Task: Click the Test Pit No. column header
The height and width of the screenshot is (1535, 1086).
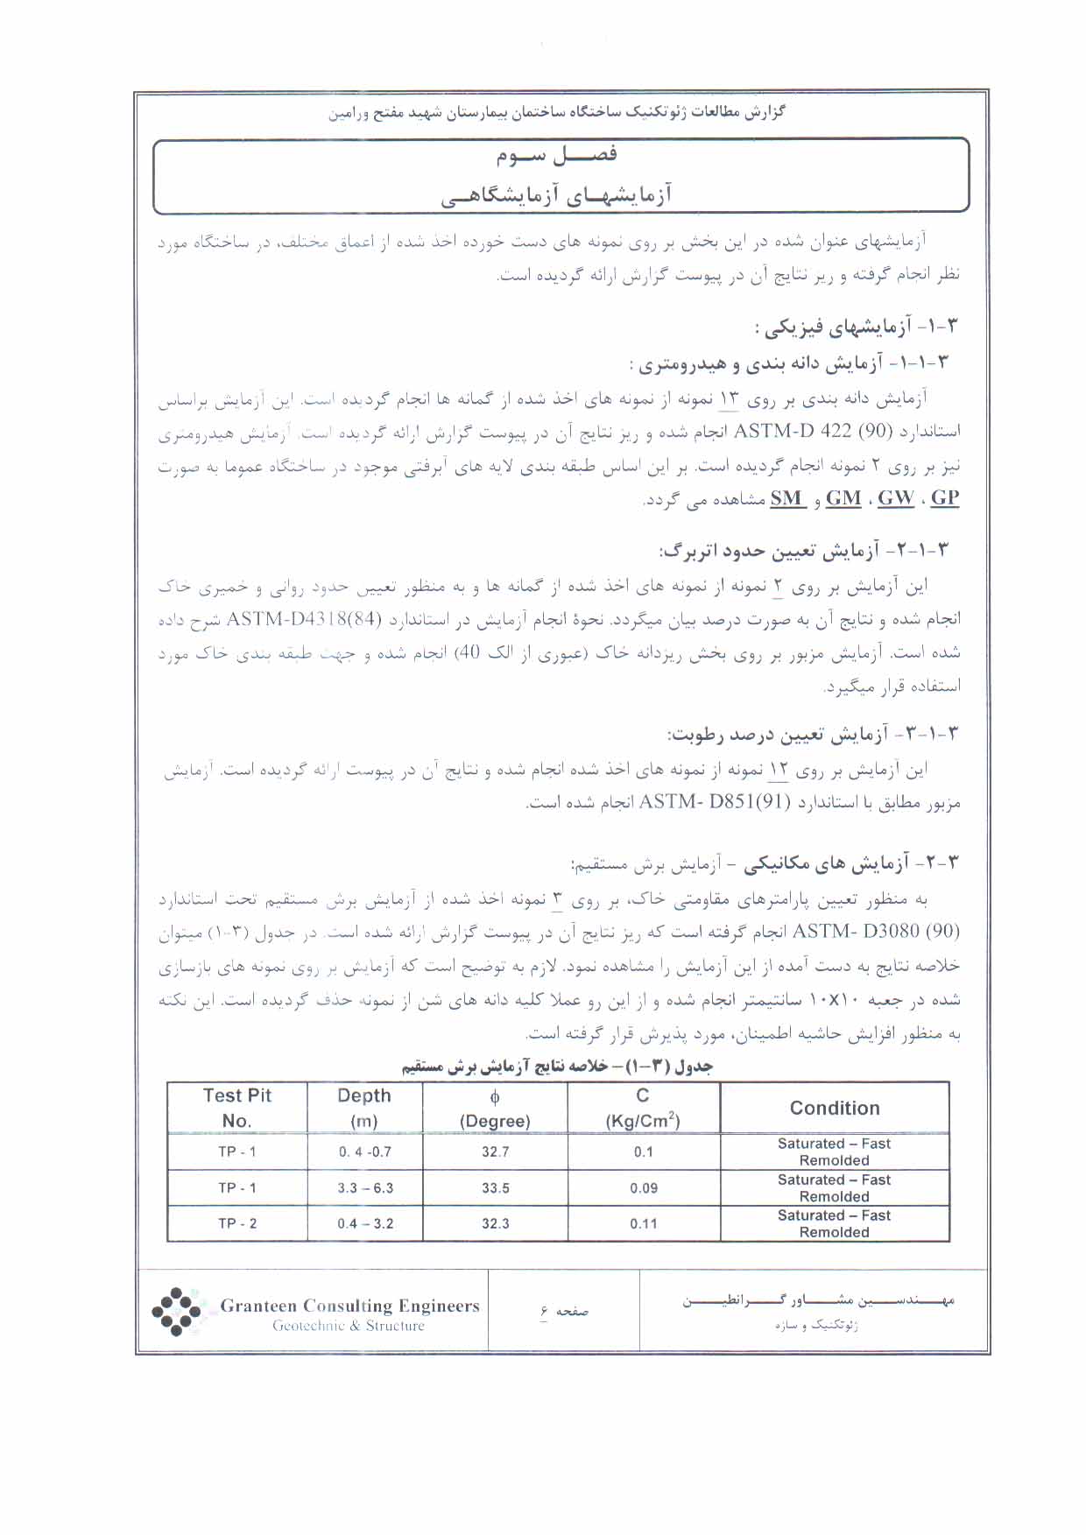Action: [x=236, y=1108]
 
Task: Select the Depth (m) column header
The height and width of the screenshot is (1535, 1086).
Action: [x=364, y=1108]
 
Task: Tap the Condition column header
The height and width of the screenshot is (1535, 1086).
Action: [x=835, y=1108]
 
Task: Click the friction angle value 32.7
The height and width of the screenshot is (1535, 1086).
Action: [x=495, y=1151]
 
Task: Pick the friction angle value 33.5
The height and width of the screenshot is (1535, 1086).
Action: [x=495, y=1188]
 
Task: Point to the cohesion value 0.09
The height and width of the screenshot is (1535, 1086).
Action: [x=644, y=1188]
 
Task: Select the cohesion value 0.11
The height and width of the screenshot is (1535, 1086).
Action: [x=644, y=1224]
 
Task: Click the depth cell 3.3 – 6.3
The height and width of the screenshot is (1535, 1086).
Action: [x=365, y=1188]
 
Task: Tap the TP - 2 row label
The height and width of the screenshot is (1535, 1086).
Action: [x=237, y=1224]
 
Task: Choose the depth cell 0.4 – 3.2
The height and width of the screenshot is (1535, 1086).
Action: [x=365, y=1224]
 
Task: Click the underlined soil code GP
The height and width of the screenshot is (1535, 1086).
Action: [x=945, y=498]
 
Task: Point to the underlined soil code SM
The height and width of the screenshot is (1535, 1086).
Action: [x=786, y=498]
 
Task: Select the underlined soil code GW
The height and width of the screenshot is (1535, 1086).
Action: [x=895, y=498]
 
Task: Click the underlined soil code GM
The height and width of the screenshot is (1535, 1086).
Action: [x=843, y=498]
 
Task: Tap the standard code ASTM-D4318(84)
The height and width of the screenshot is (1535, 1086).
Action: [x=305, y=619]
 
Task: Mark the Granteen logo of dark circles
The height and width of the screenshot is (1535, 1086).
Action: [x=177, y=1311]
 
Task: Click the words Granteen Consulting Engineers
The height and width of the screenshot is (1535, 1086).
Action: [x=349, y=1306]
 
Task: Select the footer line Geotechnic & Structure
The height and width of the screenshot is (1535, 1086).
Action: [x=349, y=1326]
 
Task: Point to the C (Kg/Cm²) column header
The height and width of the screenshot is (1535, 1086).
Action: [x=643, y=1108]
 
